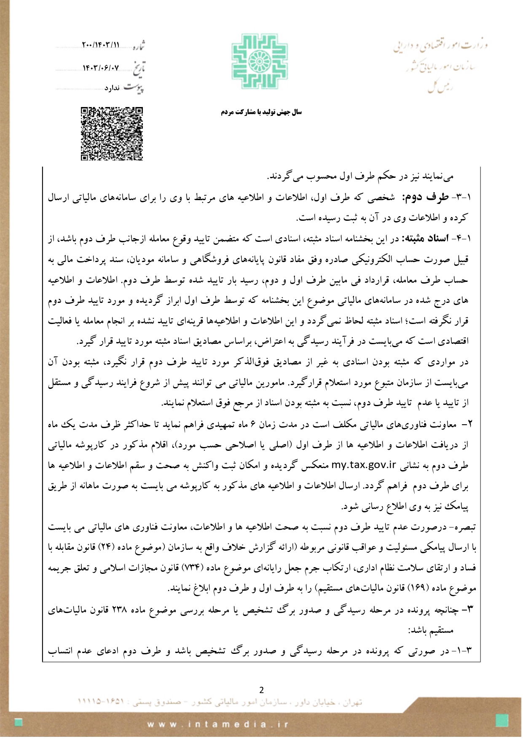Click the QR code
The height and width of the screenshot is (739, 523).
[112, 134]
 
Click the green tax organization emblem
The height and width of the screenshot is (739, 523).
[260, 62]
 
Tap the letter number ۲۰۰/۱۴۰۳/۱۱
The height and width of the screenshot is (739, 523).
[101, 45]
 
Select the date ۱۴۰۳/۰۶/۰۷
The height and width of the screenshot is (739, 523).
[101, 67]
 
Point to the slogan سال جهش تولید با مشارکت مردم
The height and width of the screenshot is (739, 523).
[261, 112]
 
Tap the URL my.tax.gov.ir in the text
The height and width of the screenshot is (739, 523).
[364, 465]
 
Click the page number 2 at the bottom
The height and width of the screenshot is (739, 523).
[261, 690]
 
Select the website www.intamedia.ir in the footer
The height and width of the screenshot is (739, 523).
[218, 725]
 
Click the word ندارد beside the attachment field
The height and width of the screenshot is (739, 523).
[112, 88]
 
